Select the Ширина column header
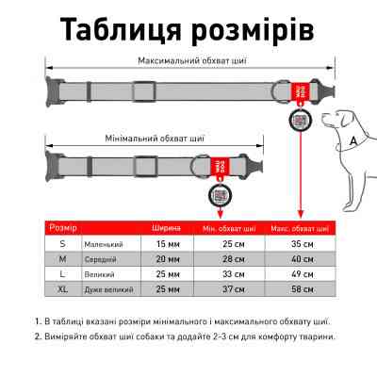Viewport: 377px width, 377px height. click(x=167, y=227)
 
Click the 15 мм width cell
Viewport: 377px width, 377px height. click(x=167, y=243)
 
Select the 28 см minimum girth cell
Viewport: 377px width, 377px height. click(x=227, y=257)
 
